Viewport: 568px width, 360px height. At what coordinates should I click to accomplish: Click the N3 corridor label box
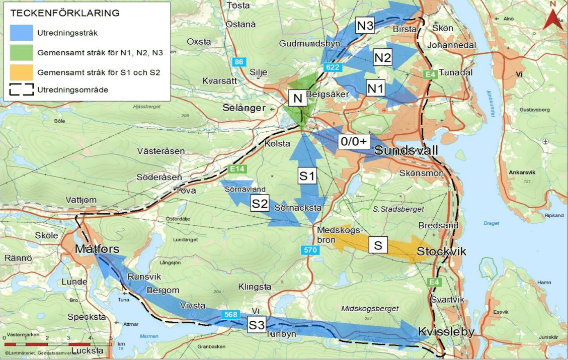[x=365, y=26]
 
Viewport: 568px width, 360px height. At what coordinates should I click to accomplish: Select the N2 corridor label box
[x=382, y=58]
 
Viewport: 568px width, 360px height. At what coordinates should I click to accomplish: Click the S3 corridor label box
[x=257, y=324]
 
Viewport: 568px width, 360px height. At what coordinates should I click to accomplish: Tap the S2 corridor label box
[x=260, y=203]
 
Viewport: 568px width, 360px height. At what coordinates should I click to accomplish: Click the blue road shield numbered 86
[x=239, y=62]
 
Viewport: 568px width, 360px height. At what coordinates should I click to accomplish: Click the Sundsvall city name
[x=406, y=151]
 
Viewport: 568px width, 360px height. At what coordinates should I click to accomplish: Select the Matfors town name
[x=97, y=249]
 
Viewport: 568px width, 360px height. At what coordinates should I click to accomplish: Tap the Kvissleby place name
[x=446, y=332]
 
